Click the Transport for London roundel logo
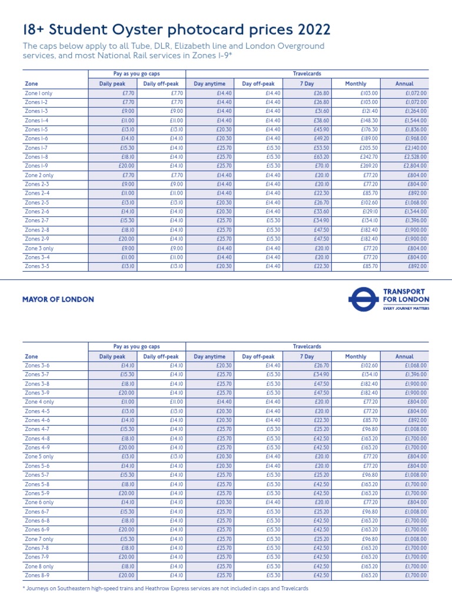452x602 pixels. coord(363,299)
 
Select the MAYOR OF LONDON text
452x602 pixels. coord(58,299)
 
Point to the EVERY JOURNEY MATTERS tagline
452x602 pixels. coord(406,307)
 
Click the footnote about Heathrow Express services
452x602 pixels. coord(165,588)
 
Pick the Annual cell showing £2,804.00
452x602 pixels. coord(416,166)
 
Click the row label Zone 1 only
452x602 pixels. coord(38,93)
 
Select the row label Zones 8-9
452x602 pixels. coord(36,575)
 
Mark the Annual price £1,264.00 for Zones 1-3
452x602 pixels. coord(416,111)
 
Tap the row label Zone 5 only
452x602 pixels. coord(39,457)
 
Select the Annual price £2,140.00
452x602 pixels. coord(416,148)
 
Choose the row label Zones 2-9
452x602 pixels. coord(36,239)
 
